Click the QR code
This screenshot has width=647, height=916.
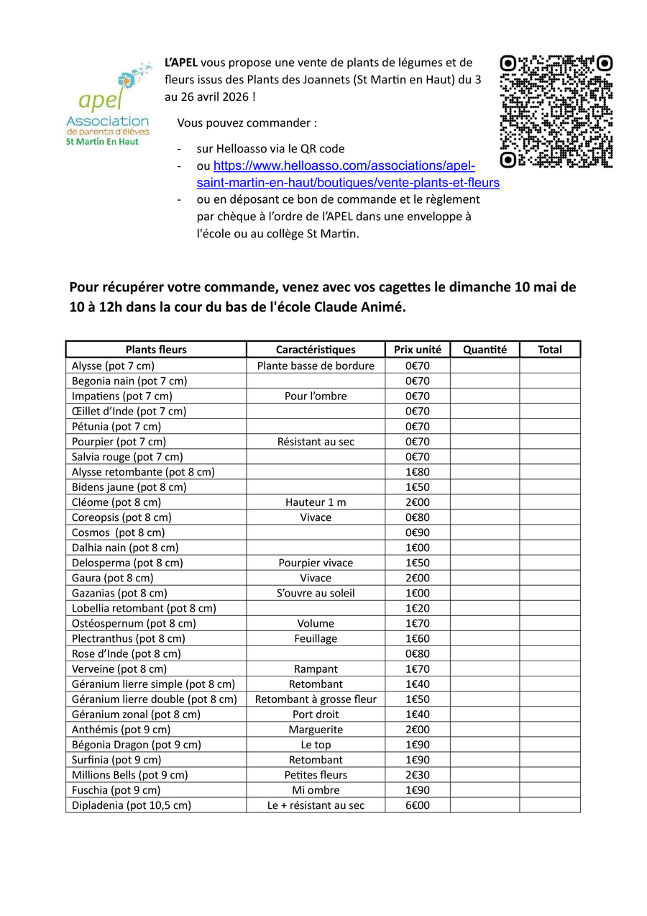click(x=556, y=112)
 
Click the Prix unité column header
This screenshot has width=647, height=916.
click(x=417, y=350)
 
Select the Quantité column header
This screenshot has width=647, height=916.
click(x=485, y=350)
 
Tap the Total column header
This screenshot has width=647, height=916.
click(x=550, y=350)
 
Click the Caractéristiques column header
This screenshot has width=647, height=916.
click(x=316, y=350)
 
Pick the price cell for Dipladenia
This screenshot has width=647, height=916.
click(x=417, y=805)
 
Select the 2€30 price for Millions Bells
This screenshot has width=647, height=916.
click(x=417, y=775)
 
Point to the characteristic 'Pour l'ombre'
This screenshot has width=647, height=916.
click(x=316, y=396)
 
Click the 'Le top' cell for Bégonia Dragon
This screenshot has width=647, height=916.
click(x=316, y=745)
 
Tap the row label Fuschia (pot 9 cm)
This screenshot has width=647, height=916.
click(x=116, y=790)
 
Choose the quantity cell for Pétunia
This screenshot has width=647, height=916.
click(x=485, y=426)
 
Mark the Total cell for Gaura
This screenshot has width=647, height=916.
click(x=550, y=578)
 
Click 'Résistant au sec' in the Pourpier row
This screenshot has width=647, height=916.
click(x=316, y=442)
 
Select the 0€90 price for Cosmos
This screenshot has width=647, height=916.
click(x=417, y=532)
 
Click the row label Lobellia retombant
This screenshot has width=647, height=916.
click(x=144, y=608)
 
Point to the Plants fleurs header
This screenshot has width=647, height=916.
click(x=156, y=350)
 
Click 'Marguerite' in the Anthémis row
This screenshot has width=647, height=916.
click(x=316, y=730)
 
